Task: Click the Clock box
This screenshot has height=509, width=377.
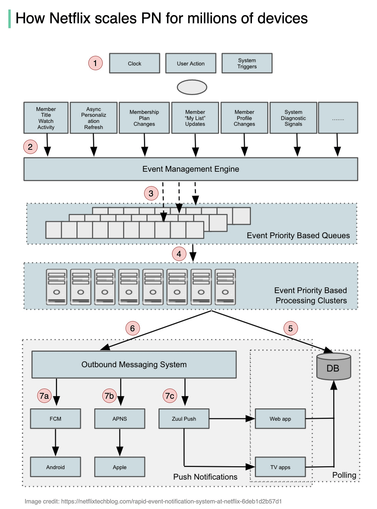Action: point(134,63)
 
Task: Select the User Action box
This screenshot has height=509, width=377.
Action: point(191,63)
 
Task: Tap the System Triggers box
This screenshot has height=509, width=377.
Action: point(247,63)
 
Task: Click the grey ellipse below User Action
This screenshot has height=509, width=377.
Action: point(192,87)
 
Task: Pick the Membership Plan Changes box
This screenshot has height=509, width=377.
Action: point(144,118)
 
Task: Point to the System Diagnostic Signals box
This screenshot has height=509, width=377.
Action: point(293,118)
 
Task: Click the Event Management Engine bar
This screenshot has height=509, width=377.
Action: point(191,169)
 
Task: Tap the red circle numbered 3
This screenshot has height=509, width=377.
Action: point(151,193)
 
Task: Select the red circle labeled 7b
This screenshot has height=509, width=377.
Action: point(109,396)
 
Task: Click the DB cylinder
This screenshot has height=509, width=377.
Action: point(334,366)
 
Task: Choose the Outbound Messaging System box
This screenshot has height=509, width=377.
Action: point(134,364)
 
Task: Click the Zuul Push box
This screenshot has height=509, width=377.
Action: point(184,419)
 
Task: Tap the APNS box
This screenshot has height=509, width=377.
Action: point(120,419)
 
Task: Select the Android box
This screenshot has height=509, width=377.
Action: point(55,467)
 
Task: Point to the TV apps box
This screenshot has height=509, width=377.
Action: point(280,467)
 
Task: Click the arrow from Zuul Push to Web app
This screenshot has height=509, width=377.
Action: point(232,418)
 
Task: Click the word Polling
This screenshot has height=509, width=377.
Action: point(344,475)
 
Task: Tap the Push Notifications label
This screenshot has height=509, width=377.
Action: point(205,477)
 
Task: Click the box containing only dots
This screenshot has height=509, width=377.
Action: point(338,118)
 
